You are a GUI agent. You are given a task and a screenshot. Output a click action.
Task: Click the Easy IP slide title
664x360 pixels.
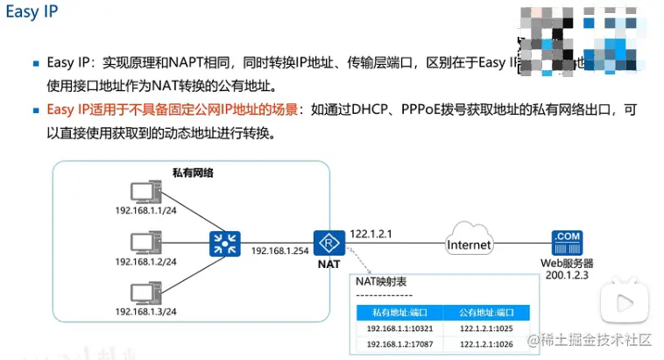tap(32, 15)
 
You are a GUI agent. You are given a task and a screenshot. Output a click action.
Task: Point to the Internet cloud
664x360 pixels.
tap(469, 244)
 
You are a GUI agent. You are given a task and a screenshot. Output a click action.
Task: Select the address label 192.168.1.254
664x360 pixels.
tap(279, 251)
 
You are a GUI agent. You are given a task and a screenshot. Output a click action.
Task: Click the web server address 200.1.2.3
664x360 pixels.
tap(565, 275)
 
